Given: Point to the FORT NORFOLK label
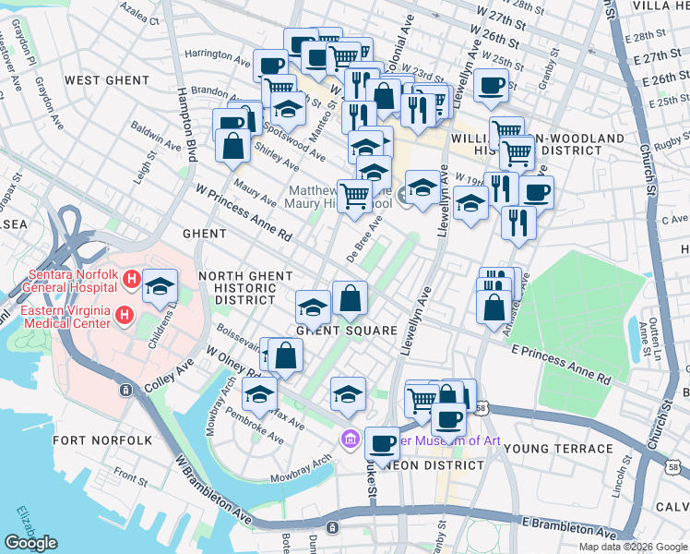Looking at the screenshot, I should click(x=101, y=440).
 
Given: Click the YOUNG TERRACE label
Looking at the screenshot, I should click(x=559, y=449).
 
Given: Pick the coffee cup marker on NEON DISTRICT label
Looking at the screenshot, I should click(x=382, y=443).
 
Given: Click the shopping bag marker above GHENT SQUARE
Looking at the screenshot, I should click(x=350, y=297).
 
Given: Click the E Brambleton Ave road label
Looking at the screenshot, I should click(x=568, y=528).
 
